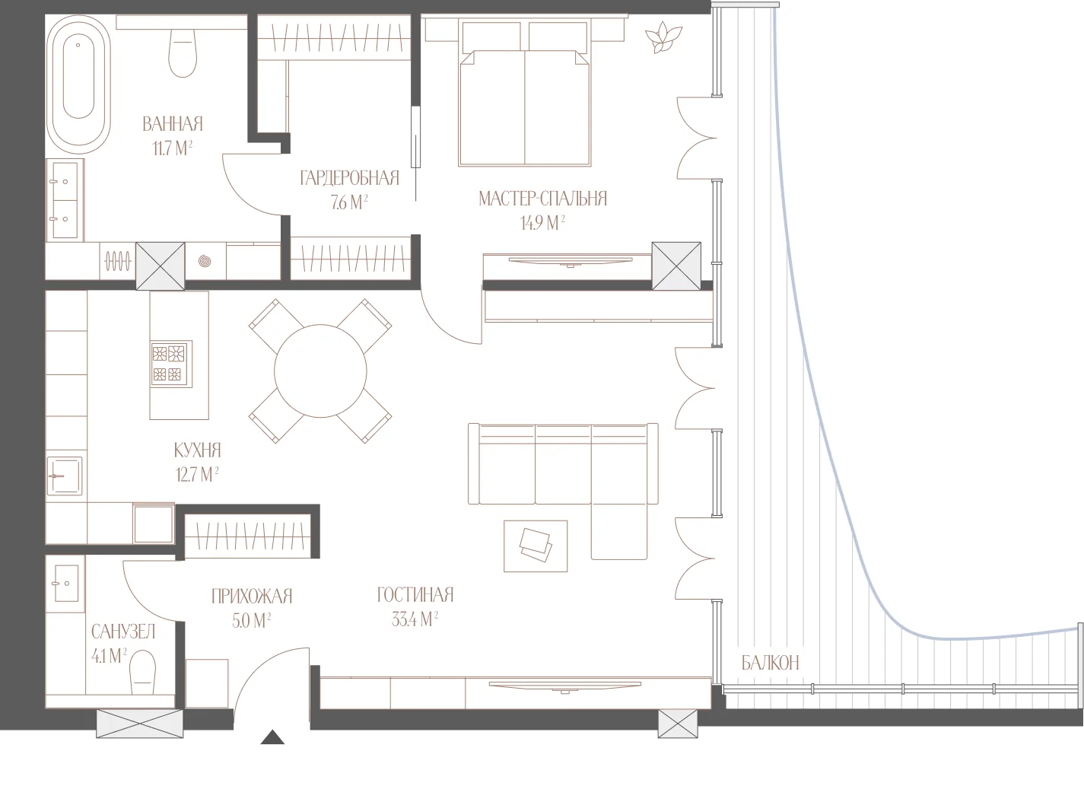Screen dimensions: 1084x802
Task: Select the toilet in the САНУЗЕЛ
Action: pos(143,672)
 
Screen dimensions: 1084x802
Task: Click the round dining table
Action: pos(320,371)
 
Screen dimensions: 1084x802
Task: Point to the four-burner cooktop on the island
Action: pos(171,364)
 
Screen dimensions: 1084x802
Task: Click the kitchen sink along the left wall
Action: pos(65,476)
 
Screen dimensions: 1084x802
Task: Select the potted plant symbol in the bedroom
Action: pos(663,37)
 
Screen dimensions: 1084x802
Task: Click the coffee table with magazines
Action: pos(536,546)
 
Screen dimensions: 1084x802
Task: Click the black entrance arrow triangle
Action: pos(272,737)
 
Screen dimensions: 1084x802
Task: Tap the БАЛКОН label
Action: pos(771,663)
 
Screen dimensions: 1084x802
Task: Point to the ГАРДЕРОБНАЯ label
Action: pos(349,178)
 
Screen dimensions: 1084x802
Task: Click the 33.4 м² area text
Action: pos(415,619)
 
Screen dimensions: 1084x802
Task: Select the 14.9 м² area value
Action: pos(542,222)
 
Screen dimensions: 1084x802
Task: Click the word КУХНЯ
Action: pos(198,450)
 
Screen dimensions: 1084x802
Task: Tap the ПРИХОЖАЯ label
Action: pos(252,596)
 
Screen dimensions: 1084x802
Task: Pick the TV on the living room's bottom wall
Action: pos(565,688)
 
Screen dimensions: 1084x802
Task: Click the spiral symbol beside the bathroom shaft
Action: pos(205,262)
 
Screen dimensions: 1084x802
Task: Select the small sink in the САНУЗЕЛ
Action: pos(65,584)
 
